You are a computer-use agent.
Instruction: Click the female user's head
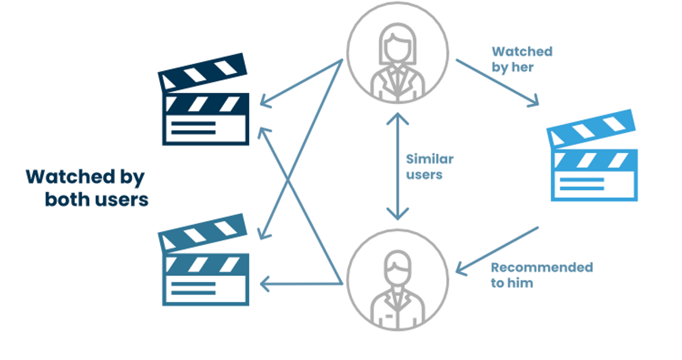[x=397, y=45]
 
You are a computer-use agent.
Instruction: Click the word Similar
[x=430, y=159]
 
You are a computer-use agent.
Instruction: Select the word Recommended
[x=542, y=267]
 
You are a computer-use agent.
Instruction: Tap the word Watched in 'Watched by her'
[x=522, y=52]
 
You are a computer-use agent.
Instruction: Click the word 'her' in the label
[x=522, y=67]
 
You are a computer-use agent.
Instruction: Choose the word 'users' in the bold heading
[x=122, y=200]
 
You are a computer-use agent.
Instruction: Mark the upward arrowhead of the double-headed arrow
[x=398, y=118]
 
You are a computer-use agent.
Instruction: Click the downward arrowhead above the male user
[x=398, y=214]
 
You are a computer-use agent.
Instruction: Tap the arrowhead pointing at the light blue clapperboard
[x=535, y=101]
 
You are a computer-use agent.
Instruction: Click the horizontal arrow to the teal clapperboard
[x=301, y=284]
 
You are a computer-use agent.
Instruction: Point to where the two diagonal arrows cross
[x=288, y=182]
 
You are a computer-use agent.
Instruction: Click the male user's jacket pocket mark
[x=389, y=316]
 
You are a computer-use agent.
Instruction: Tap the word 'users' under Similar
[x=424, y=175]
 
